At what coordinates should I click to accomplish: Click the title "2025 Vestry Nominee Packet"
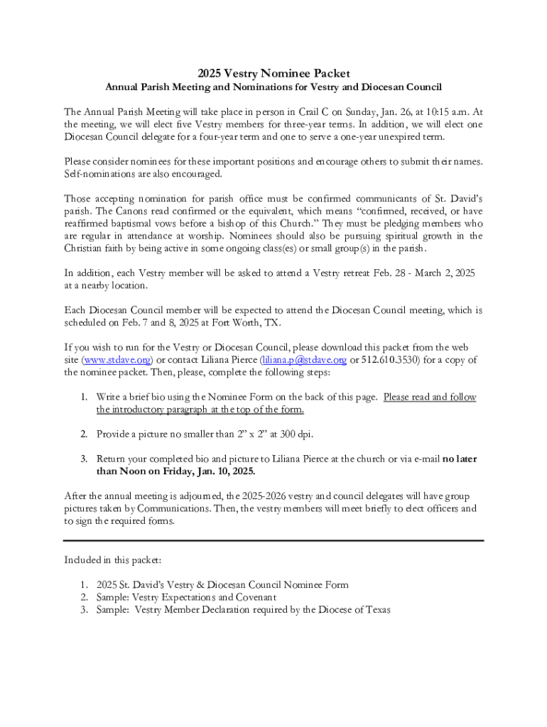(273, 73)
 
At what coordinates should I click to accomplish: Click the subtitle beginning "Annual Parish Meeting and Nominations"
(273, 87)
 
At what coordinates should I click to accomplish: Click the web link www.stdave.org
(116, 360)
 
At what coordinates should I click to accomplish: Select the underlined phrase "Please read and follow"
(430, 397)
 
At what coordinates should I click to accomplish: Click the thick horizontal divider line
(273, 541)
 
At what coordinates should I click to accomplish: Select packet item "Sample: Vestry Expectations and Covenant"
(186, 597)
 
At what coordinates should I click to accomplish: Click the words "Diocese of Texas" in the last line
(354, 610)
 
